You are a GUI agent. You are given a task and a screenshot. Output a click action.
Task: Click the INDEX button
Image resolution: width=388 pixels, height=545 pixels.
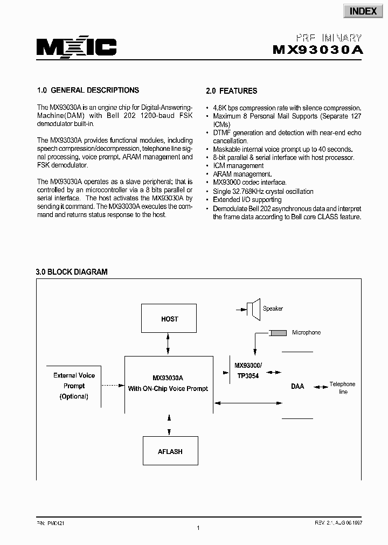click(x=363, y=11)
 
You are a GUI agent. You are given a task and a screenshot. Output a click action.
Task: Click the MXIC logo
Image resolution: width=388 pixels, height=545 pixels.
click(x=76, y=48)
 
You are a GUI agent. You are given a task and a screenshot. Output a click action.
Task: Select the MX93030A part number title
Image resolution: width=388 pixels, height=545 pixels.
click(x=318, y=50)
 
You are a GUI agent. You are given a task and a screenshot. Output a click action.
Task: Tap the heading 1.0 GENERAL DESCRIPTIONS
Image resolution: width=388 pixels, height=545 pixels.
click(x=87, y=90)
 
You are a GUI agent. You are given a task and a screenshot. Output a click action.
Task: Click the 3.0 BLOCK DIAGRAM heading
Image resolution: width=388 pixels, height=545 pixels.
click(x=72, y=272)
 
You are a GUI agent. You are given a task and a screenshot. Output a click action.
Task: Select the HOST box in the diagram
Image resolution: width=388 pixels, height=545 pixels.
click(x=170, y=319)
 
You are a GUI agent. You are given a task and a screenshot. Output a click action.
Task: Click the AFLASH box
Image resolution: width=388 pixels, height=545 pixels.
click(x=170, y=451)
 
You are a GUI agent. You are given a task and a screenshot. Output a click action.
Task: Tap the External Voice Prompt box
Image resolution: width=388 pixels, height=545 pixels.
click(x=74, y=386)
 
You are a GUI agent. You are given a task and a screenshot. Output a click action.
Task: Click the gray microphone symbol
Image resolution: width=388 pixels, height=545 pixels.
click(x=278, y=333)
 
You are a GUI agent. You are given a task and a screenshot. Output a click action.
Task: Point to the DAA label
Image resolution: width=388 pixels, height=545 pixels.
click(x=297, y=386)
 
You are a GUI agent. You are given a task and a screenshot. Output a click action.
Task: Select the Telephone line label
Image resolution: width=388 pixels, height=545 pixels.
click(x=343, y=388)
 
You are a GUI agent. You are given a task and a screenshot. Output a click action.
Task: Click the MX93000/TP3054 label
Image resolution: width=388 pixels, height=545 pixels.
click(x=247, y=371)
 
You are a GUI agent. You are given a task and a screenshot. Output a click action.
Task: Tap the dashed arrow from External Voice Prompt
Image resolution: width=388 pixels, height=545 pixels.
click(x=112, y=385)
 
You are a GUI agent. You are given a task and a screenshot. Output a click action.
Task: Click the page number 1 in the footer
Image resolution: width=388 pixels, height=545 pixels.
click(x=198, y=528)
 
